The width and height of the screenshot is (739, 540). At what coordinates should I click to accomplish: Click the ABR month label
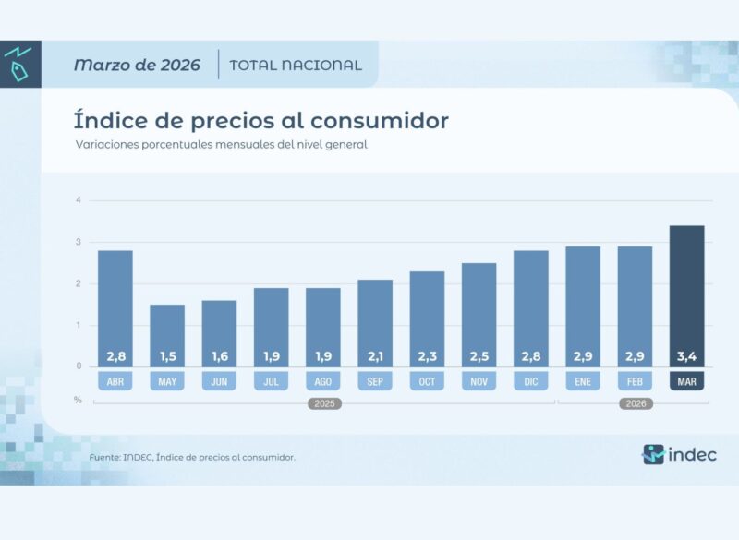(115, 379)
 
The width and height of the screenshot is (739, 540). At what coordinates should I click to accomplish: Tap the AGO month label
(323, 379)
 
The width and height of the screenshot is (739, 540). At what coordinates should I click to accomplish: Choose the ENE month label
(583, 379)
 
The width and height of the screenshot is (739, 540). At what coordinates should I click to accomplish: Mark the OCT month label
(427, 379)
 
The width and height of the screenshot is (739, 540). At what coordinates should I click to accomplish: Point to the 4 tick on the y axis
(79, 200)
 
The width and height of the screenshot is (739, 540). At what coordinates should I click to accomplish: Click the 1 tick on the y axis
(79, 325)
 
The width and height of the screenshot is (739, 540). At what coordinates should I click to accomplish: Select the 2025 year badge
(323, 403)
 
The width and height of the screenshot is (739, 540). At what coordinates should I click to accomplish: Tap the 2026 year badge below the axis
(635, 403)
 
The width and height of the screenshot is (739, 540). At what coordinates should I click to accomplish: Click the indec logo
(680, 454)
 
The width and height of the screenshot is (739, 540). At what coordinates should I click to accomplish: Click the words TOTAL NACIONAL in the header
(296, 65)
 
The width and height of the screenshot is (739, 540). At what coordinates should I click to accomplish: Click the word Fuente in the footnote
(104, 457)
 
